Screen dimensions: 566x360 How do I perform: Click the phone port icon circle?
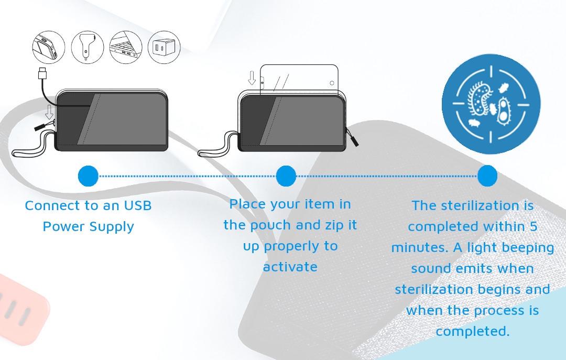pos(49,47)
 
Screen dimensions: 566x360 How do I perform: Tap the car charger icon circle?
pos(88,47)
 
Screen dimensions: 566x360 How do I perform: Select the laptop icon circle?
pos(126,47)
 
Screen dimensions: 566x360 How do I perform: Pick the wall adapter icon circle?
pos(164,47)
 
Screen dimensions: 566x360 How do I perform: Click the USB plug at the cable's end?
pos(42,73)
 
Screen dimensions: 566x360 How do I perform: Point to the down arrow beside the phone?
pos(252,78)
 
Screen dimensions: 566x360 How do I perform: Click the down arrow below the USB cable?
pos(49,112)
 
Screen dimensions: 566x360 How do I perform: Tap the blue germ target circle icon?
pos(491,104)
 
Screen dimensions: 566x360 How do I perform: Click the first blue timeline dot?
pos(88,176)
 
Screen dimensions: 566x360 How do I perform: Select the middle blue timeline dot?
pos(286,176)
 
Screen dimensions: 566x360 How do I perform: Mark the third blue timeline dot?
pos(487,176)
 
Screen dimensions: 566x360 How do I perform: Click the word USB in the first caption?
pos(138,205)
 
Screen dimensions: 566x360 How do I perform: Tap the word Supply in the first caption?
pos(112,227)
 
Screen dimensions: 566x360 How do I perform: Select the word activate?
pos(290,267)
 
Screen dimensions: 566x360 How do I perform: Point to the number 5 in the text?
pos(534,226)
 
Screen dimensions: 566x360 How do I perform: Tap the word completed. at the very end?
pos(473,331)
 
